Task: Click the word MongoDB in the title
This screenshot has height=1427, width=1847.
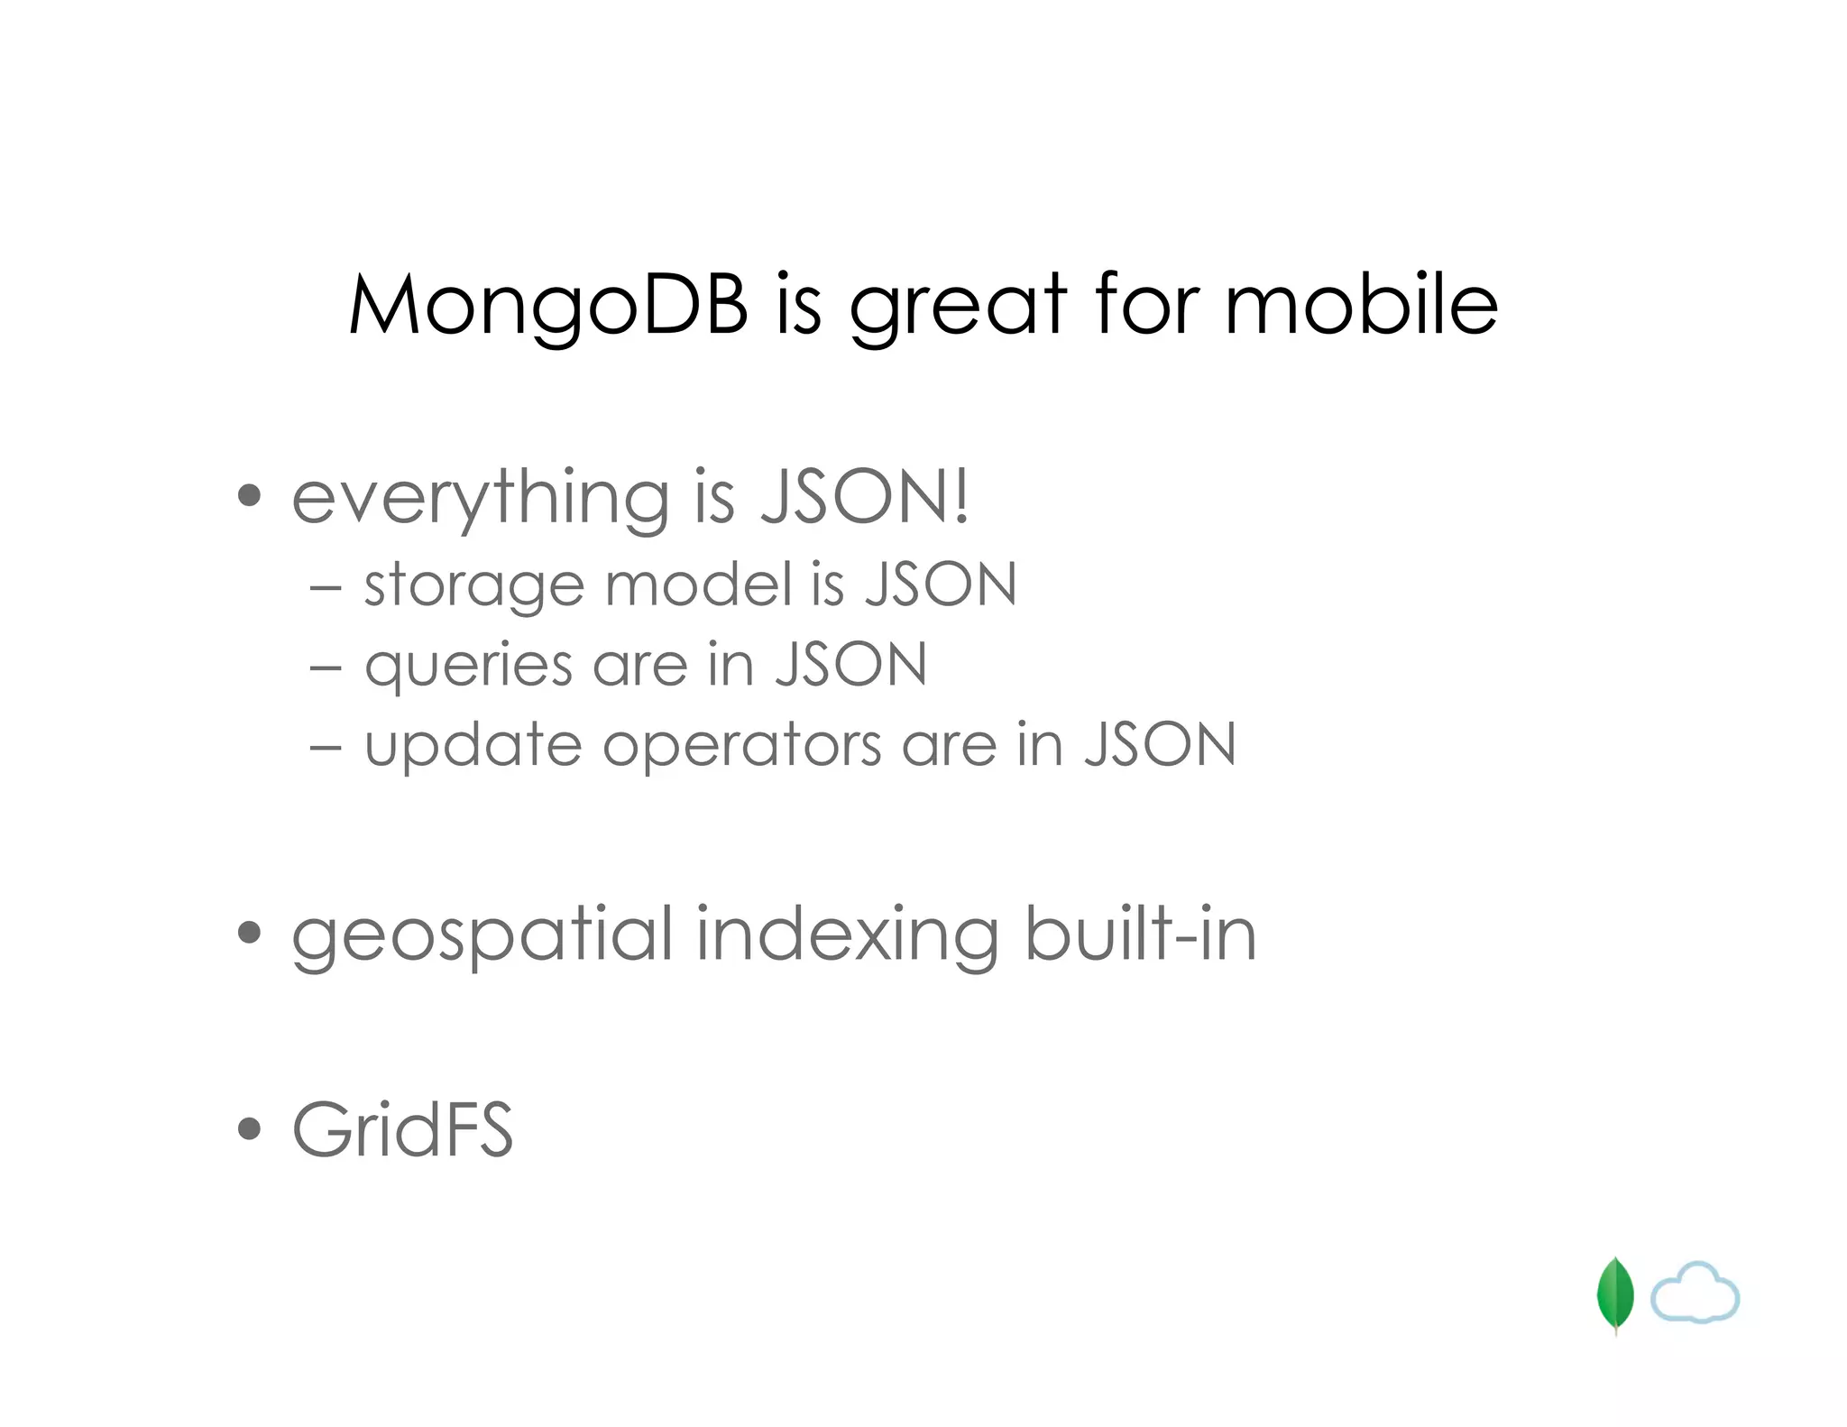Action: tap(547, 305)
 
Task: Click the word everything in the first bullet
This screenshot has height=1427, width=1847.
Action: tap(480, 498)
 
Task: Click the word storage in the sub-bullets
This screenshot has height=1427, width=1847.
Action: tap(474, 586)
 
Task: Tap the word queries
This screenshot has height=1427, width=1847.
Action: tap(468, 667)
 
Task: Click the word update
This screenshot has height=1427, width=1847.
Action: tap(473, 747)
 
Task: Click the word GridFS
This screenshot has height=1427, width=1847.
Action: tap(402, 1129)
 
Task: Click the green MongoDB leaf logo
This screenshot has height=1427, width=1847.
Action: tap(1614, 1295)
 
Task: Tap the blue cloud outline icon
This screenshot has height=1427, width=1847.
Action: tap(1695, 1294)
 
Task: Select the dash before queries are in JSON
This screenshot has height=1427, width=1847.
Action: tap(325, 668)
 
